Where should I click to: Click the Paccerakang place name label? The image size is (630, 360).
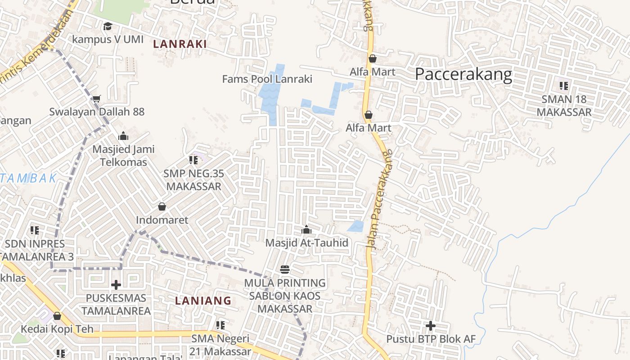coord(463,74)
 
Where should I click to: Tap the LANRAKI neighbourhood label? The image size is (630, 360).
coord(180,44)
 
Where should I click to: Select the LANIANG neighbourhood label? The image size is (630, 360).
coord(203,301)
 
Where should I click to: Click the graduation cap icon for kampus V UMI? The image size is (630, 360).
coord(108,27)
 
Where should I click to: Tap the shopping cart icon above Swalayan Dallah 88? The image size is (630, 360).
coord(97,99)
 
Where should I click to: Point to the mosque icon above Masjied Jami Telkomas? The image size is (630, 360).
coord(123,136)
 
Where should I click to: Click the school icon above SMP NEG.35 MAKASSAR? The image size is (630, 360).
coord(193,160)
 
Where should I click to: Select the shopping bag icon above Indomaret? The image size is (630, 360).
coord(162,207)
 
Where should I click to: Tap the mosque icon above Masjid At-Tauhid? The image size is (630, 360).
coord(306,230)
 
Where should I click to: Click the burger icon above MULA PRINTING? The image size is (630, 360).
coord(284,270)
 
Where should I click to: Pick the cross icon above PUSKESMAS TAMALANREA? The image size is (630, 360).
coord(116,285)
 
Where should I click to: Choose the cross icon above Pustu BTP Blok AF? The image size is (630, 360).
coord(431,325)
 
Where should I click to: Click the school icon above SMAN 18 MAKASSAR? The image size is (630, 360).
coord(563,86)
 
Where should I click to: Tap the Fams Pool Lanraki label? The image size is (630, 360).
coord(267,79)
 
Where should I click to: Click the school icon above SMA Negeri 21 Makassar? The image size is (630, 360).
coord(220,325)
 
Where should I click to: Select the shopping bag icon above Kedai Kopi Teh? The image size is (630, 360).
coord(57,316)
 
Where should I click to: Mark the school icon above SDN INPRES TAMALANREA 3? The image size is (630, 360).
coord(35,230)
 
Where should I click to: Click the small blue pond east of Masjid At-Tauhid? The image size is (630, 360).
coord(356,226)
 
